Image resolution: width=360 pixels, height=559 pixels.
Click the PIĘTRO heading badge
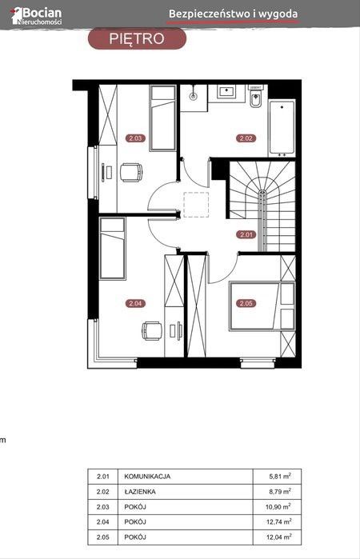(x=137, y=38)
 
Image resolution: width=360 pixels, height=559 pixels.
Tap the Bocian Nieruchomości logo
(x=36, y=16)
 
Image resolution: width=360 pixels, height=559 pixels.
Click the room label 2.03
(x=135, y=138)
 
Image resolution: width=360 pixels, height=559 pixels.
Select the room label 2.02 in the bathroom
(x=246, y=138)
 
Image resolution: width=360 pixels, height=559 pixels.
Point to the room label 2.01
(x=246, y=234)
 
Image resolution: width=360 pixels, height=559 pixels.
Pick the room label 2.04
(x=135, y=303)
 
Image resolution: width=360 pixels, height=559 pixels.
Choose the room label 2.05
(x=246, y=303)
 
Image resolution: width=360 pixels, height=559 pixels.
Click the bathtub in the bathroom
(x=282, y=128)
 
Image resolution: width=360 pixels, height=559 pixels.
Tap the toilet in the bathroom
(x=255, y=97)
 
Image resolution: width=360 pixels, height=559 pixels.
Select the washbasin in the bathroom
(x=226, y=91)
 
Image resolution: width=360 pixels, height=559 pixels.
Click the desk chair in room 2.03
(x=131, y=173)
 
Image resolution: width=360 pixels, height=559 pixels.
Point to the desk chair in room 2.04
(x=152, y=331)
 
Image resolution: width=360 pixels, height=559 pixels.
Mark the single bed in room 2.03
(x=162, y=118)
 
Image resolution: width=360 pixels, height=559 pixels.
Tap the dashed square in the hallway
(x=196, y=205)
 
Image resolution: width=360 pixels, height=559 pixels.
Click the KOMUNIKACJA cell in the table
(x=147, y=477)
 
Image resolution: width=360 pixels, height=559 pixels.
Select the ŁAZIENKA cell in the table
(x=140, y=491)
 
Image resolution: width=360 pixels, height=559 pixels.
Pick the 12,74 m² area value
(x=278, y=521)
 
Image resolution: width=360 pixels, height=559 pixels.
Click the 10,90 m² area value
(x=278, y=506)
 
